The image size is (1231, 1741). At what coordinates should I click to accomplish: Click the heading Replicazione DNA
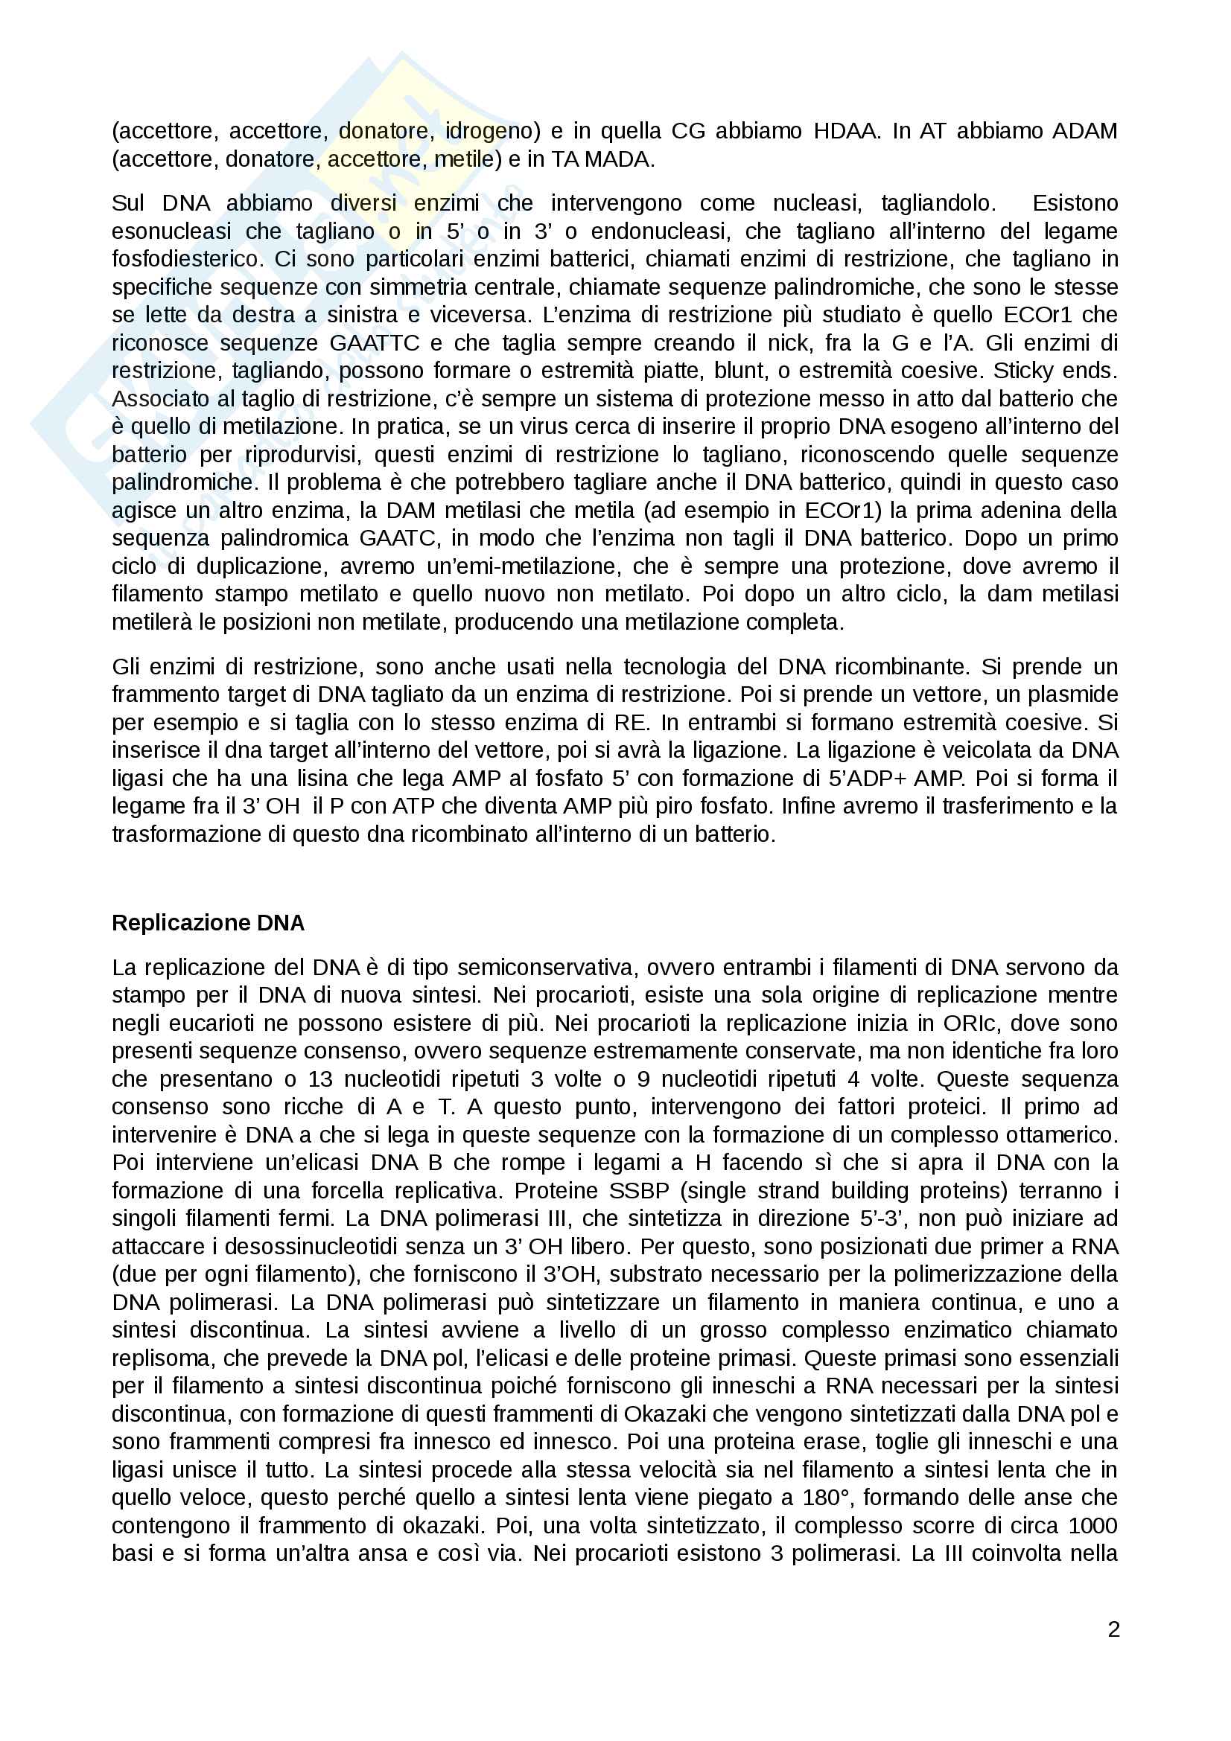208,923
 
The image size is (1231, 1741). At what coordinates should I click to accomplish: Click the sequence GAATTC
375,342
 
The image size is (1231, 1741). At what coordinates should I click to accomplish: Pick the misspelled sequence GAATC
398,538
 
